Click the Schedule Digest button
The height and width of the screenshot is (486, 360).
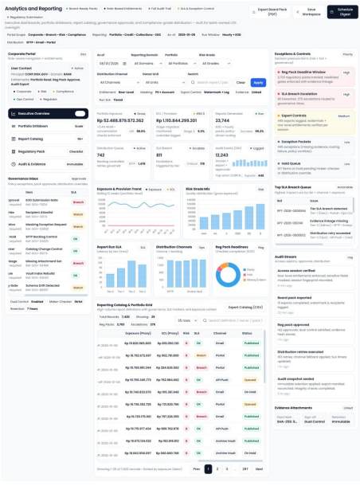pyautogui.click(x=344, y=11)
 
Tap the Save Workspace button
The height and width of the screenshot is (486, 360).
pyautogui.click(x=311, y=11)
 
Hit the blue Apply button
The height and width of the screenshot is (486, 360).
pyautogui.click(x=258, y=82)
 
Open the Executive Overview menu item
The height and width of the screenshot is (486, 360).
pyautogui.click(x=45, y=114)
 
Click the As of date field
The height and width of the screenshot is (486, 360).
pyautogui.click(x=112, y=61)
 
